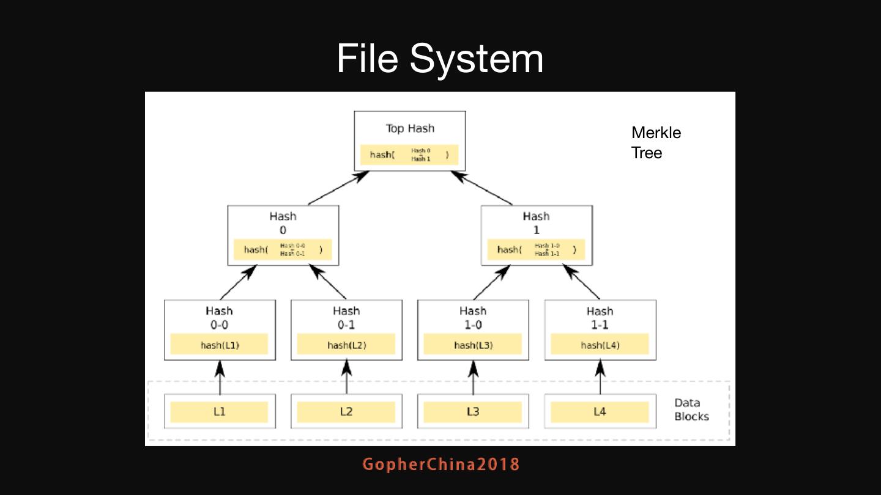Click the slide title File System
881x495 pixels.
click(x=440, y=59)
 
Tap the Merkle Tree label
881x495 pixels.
click(x=656, y=142)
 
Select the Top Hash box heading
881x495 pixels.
click(x=410, y=128)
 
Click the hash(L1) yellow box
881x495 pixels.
click(x=219, y=345)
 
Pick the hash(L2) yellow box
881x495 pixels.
click(x=346, y=345)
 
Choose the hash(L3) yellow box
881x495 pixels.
click(x=473, y=345)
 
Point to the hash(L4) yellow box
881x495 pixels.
click(x=600, y=345)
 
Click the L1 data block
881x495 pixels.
click(x=219, y=412)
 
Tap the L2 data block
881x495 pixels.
click(x=346, y=412)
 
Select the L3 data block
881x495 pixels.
click(x=473, y=412)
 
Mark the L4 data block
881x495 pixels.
click(x=600, y=412)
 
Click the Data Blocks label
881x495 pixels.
click(x=691, y=409)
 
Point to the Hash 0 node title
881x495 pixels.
click(x=283, y=223)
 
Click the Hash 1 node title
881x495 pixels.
click(x=536, y=223)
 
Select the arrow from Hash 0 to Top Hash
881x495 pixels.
click(x=338, y=188)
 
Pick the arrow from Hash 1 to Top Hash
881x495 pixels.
click(x=481, y=188)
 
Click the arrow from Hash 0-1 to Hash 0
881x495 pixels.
click(x=328, y=281)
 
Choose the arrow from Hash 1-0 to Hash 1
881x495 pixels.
click(x=491, y=282)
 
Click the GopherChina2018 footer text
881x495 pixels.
click(x=441, y=464)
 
